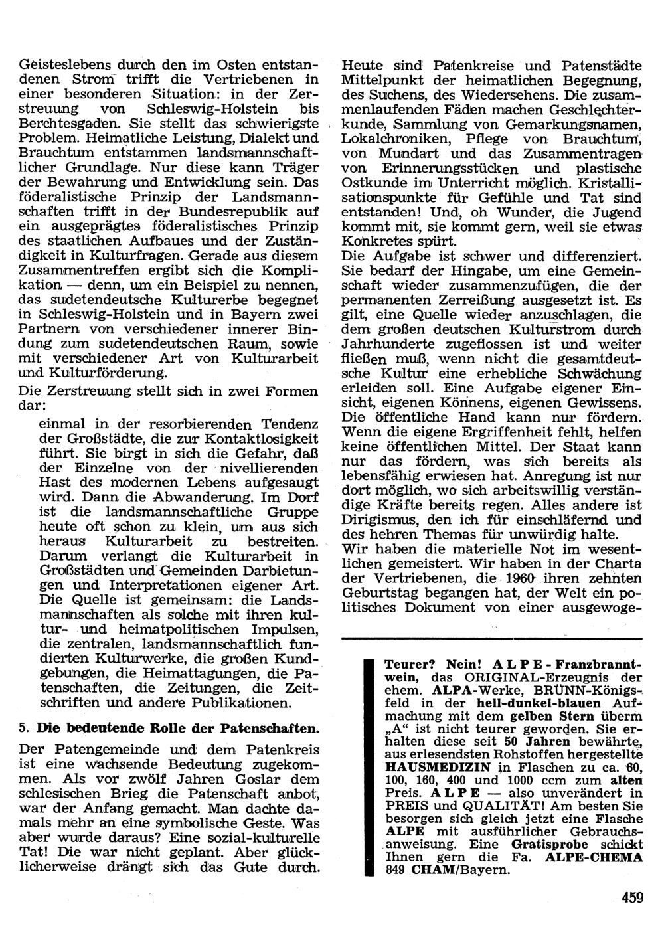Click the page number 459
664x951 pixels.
coord(632,898)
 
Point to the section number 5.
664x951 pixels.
coord(22,728)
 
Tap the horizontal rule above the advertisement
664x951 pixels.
coord(491,638)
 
